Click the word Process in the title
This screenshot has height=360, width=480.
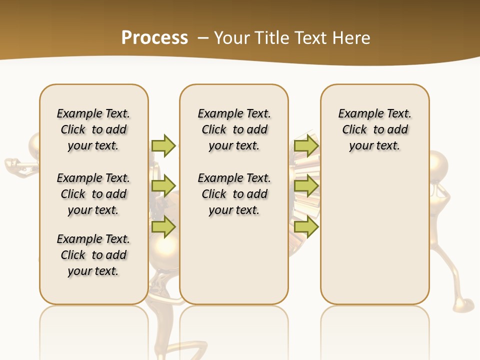[154, 37]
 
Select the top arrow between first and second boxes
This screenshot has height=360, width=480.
[163, 145]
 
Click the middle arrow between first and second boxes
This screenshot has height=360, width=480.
[163, 186]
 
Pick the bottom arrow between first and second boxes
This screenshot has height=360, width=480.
[163, 227]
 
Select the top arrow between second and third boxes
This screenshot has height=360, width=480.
[306, 145]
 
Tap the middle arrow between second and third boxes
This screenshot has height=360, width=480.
[306, 186]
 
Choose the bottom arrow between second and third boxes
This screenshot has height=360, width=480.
[306, 227]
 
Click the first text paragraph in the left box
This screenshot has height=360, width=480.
[93, 129]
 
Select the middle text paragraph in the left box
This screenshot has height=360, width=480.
[93, 194]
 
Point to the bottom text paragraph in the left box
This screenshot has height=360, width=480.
[93, 255]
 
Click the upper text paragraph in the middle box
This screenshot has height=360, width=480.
[234, 129]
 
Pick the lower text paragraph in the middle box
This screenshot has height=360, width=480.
[234, 194]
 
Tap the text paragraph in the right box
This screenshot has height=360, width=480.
[374, 129]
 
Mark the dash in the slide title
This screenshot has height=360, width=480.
[203, 38]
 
